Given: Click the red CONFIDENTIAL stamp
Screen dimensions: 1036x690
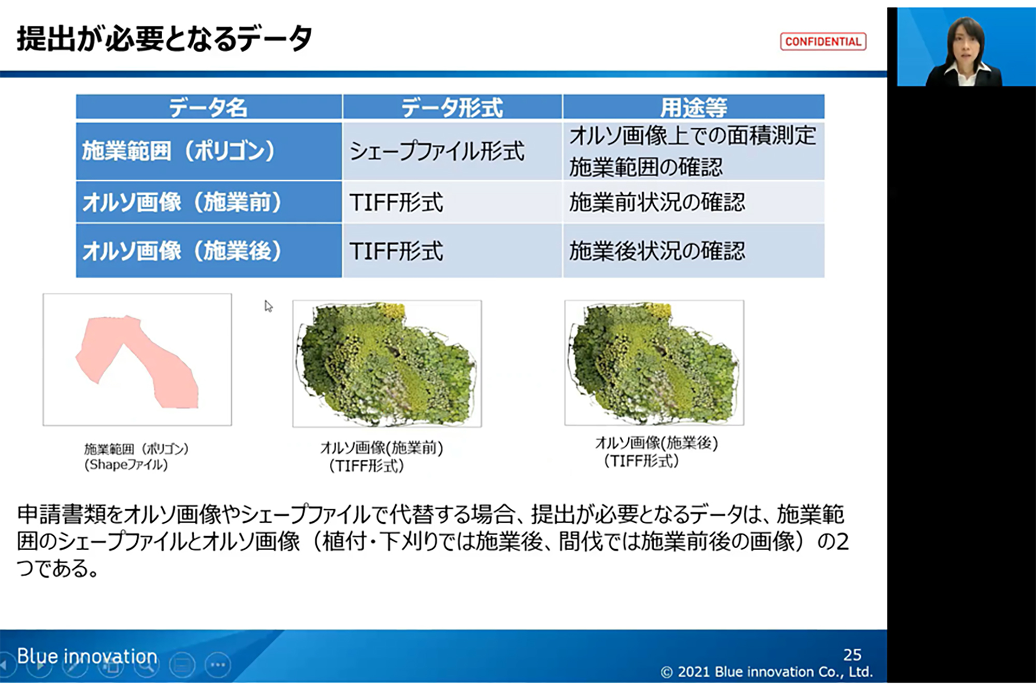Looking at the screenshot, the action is pos(823,41).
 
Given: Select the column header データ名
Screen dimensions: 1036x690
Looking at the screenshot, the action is pos(208,108).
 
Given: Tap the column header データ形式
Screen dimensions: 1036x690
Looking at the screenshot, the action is pos(452,108).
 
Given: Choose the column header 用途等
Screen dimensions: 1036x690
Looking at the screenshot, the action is pos(694,108).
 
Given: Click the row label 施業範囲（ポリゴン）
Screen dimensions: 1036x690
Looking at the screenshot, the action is pos(179,151).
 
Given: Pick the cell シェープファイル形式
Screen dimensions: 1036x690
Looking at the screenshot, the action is pos(437,151).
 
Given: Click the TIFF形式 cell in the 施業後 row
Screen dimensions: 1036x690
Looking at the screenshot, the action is pos(396,251).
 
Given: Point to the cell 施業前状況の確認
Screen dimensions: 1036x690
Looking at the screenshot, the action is pos(657,202).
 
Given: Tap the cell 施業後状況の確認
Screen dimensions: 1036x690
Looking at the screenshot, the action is pos(657,251).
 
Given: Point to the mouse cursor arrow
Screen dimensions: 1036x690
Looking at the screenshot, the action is pos(268,306).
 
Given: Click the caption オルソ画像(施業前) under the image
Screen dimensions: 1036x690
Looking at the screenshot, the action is pos(382,447).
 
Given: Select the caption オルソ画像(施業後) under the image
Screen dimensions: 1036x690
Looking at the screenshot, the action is pos(656,443).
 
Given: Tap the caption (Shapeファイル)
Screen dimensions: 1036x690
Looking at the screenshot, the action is pos(126,465).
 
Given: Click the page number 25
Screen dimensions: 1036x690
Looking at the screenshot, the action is pos(852,655).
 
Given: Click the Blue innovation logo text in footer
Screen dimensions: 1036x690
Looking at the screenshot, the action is pos(87,656).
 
